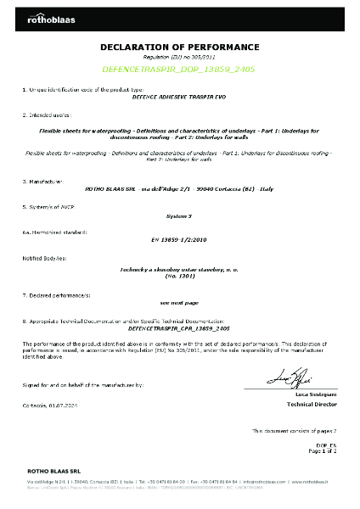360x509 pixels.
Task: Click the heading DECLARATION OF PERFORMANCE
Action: point(179,47)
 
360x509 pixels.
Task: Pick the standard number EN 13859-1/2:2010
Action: point(179,239)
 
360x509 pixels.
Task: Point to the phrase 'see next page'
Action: point(179,301)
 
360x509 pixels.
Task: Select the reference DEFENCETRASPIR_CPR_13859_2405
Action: point(179,327)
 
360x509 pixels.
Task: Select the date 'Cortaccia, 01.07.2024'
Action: point(53,406)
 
